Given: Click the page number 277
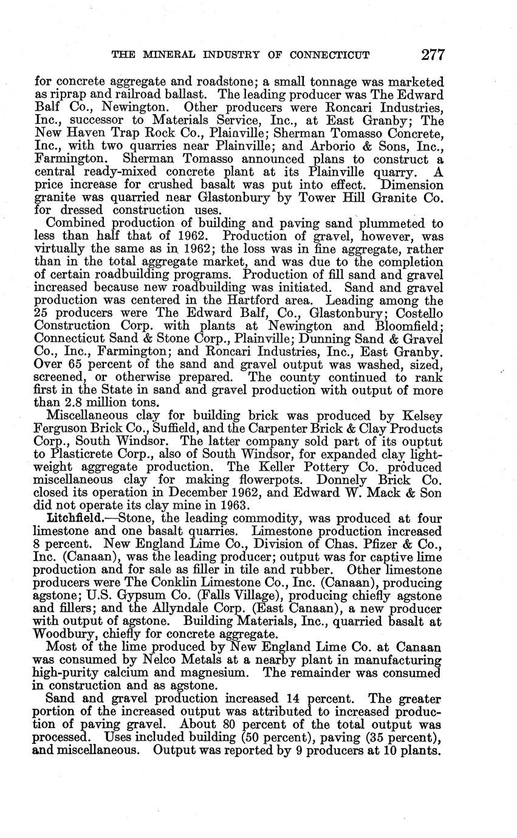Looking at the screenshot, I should click(433, 55).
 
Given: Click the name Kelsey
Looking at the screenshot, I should click(421, 416).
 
